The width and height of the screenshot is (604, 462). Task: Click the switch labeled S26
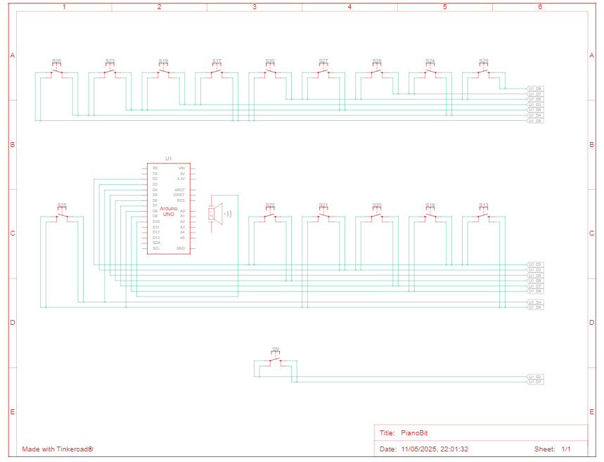click(x=57, y=71)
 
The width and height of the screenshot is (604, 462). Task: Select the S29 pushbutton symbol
click(x=484, y=71)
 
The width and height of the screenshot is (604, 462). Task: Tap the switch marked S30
click(x=270, y=71)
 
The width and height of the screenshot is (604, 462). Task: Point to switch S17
click(x=217, y=71)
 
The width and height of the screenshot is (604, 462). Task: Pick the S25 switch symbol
click(x=62, y=214)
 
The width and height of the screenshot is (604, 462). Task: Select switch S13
click(x=484, y=214)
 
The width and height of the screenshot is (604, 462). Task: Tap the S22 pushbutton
click(x=270, y=214)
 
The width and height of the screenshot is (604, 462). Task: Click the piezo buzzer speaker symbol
click(x=215, y=212)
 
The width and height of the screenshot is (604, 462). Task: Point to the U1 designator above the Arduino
click(x=168, y=158)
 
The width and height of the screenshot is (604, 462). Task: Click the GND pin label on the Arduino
click(x=181, y=248)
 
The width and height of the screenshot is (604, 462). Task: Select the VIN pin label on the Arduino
click(x=181, y=168)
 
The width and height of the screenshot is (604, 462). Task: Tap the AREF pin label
click(x=180, y=190)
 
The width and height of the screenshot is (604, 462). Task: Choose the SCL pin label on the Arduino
click(x=156, y=248)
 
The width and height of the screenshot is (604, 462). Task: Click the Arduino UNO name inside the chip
click(x=169, y=211)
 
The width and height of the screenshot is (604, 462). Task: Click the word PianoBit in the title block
click(x=416, y=433)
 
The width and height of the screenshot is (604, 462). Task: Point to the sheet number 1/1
click(x=566, y=449)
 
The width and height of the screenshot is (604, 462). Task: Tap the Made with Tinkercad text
click(x=58, y=449)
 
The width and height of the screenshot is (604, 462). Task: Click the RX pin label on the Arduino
click(x=155, y=168)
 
